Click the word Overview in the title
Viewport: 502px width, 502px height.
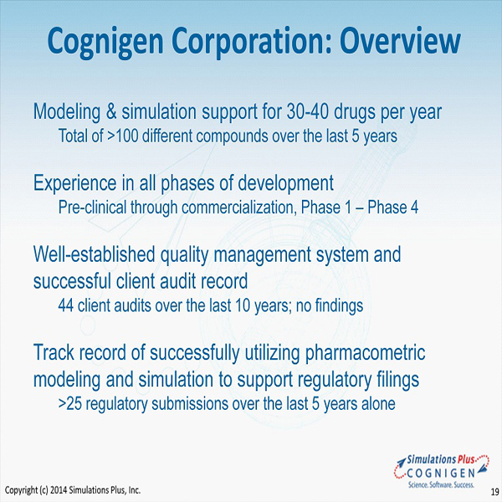tap(400, 41)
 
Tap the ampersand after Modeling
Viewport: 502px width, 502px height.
tap(111, 111)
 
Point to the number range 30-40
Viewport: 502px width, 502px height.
tap(308, 111)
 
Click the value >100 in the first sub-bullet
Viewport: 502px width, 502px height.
tap(123, 136)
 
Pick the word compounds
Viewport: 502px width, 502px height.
tap(232, 136)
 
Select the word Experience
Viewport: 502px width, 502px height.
tap(75, 183)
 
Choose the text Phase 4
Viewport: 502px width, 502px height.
tap(393, 207)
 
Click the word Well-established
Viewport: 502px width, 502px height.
tap(94, 254)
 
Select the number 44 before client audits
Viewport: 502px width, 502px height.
tap(66, 305)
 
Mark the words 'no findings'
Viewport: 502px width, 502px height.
tap(330, 305)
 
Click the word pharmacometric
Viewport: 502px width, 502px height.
tap(365, 353)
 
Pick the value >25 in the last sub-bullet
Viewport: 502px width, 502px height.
tap(70, 404)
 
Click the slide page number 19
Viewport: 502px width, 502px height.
tap(494, 491)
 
